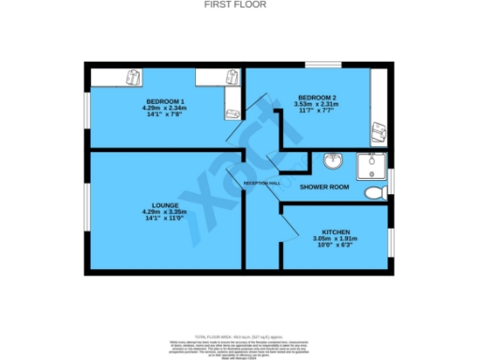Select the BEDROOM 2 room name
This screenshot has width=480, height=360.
pyautogui.click(x=317, y=97)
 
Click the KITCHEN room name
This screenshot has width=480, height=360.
pyautogui.click(x=336, y=231)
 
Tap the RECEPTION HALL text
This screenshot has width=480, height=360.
pyautogui.click(x=262, y=183)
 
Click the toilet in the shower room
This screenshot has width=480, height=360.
pyautogui.click(x=375, y=192)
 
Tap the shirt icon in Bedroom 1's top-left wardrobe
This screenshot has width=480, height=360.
pyautogui.click(x=134, y=76)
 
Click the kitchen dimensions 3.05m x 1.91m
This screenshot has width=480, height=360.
pyautogui.click(x=336, y=238)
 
